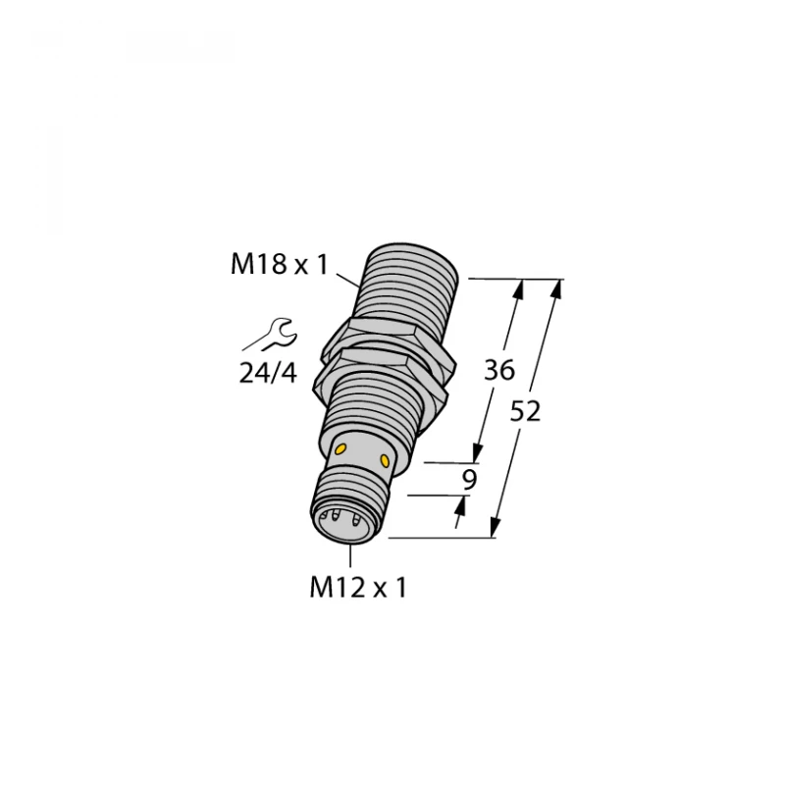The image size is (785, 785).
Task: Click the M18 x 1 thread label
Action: [x=277, y=264]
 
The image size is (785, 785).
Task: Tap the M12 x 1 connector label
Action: [x=357, y=588]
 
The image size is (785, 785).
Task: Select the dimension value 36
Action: [x=500, y=371]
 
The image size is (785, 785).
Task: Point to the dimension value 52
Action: [x=527, y=412]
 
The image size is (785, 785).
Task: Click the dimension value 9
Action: [x=468, y=480]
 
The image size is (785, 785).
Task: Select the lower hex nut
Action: [x=385, y=382]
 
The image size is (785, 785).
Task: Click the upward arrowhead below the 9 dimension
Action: [x=459, y=506]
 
